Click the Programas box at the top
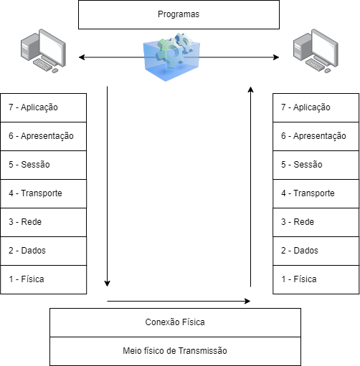click(x=178, y=14)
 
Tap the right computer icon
click(x=316, y=51)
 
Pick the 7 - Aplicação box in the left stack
click(x=44, y=107)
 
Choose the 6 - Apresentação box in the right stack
click(x=316, y=136)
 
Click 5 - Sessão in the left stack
click(x=44, y=165)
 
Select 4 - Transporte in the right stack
click(x=316, y=193)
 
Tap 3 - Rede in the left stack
click(x=44, y=222)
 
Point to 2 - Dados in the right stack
click(x=316, y=251)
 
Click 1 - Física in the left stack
click(x=44, y=279)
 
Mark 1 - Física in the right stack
click(x=316, y=279)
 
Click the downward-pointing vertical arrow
click(x=108, y=186)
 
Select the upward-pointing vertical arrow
click(x=251, y=186)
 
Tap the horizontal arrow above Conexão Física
click(x=179, y=302)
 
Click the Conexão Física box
click(x=176, y=322)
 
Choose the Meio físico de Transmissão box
click(x=176, y=351)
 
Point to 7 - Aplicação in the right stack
click(x=316, y=107)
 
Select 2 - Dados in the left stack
click(x=44, y=251)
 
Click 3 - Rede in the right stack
click(x=316, y=222)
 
